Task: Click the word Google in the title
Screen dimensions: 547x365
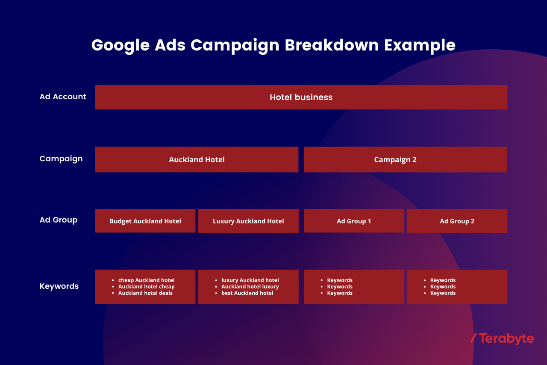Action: [121, 46]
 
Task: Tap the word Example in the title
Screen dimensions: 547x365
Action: [420, 46]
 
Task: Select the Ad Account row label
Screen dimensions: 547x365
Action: [63, 97]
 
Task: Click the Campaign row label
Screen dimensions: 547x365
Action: [61, 159]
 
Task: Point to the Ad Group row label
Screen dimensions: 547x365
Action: [59, 220]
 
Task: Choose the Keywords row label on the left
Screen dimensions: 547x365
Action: [59, 286]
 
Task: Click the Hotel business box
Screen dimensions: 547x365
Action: [301, 97]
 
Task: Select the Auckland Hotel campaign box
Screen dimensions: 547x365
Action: [197, 160]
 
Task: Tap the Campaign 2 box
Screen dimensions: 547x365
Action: [406, 160]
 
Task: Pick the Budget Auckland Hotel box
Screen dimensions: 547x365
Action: [145, 221]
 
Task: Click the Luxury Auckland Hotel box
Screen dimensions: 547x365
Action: [248, 221]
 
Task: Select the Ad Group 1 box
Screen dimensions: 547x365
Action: [354, 221]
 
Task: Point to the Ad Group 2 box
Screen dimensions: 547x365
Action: [457, 221]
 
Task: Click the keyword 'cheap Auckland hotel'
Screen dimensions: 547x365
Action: [147, 280]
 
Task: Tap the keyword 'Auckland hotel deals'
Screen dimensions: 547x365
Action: [146, 293]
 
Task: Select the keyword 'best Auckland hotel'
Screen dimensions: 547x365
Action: [247, 293]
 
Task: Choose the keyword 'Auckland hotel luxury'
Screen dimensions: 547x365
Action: [250, 287]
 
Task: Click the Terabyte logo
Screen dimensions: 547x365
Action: [502, 339]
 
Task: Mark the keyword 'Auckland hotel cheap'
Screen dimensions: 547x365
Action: [147, 287]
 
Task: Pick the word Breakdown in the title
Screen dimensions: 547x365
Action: [332, 45]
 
